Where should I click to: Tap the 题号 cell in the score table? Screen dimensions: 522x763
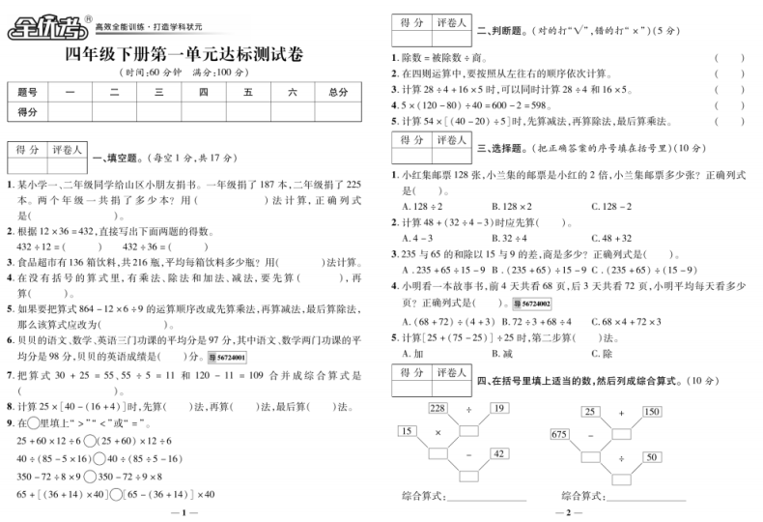pos(28,92)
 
